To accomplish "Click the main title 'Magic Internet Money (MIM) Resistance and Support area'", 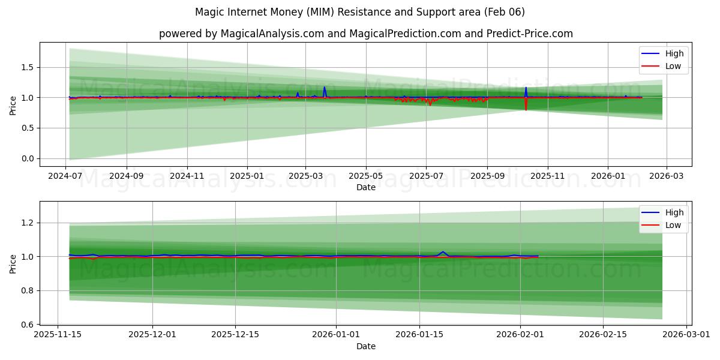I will (360, 12).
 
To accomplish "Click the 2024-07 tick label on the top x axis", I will (65, 176).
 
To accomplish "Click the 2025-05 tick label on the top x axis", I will (366, 176).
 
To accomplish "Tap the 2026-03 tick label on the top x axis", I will (667, 176).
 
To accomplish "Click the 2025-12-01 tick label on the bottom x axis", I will (152, 335).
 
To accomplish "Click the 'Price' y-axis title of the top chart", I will (13, 105).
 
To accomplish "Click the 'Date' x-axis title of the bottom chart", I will (366, 346).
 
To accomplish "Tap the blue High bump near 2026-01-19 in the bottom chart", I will (443, 252).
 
